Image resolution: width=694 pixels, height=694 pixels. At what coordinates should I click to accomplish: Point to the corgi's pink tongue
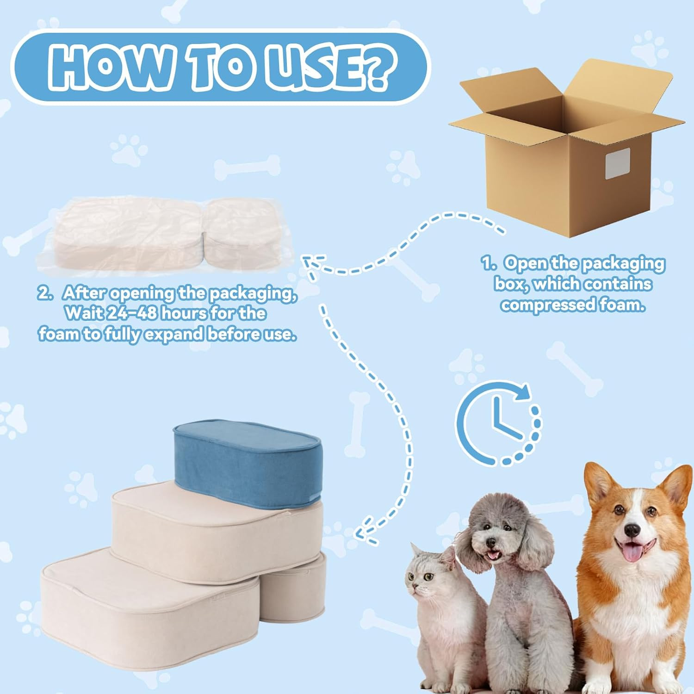[x=630, y=551]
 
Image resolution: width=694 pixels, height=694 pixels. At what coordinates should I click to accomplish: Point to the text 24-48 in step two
[x=133, y=313]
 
